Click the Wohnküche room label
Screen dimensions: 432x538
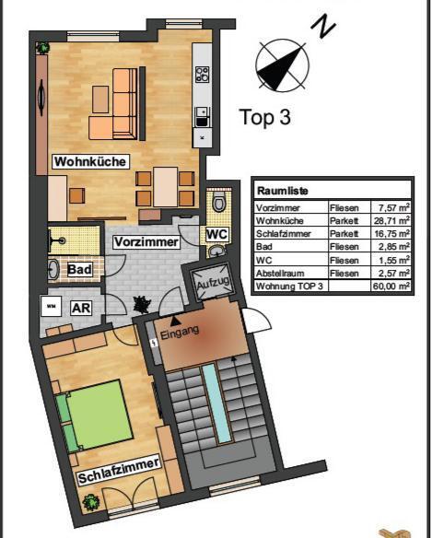coord(90,161)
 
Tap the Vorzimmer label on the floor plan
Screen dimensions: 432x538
coord(146,242)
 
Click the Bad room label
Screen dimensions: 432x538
coord(79,269)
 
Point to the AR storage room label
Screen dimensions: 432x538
coord(81,308)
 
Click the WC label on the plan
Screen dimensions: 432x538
coord(216,234)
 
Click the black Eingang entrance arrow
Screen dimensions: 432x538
coord(175,321)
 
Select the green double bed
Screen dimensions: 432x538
coord(95,415)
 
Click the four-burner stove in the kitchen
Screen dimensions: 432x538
coord(202,75)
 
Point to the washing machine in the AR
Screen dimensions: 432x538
coord(52,306)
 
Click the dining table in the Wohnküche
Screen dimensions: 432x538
coord(166,187)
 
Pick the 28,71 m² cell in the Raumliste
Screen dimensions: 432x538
coord(391,220)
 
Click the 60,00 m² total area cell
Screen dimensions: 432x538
coord(391,286)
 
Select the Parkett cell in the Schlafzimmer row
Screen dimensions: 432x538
coord(344,233)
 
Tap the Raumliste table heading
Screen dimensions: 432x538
coord(283,191)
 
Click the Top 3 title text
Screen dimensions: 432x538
coord(265,117)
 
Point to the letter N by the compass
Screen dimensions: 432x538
coord(323,26)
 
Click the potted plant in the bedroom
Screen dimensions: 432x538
coord(90,502)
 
